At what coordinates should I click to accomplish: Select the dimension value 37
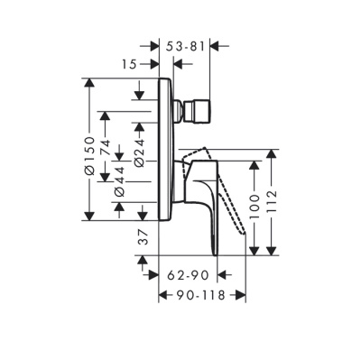coord(142,236)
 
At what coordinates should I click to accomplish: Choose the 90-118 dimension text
coord(202,295)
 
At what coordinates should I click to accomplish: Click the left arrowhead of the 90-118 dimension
coord(163,295)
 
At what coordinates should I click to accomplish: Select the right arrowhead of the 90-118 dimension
coord(242,295)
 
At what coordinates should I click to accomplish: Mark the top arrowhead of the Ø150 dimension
coord(89,84)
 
